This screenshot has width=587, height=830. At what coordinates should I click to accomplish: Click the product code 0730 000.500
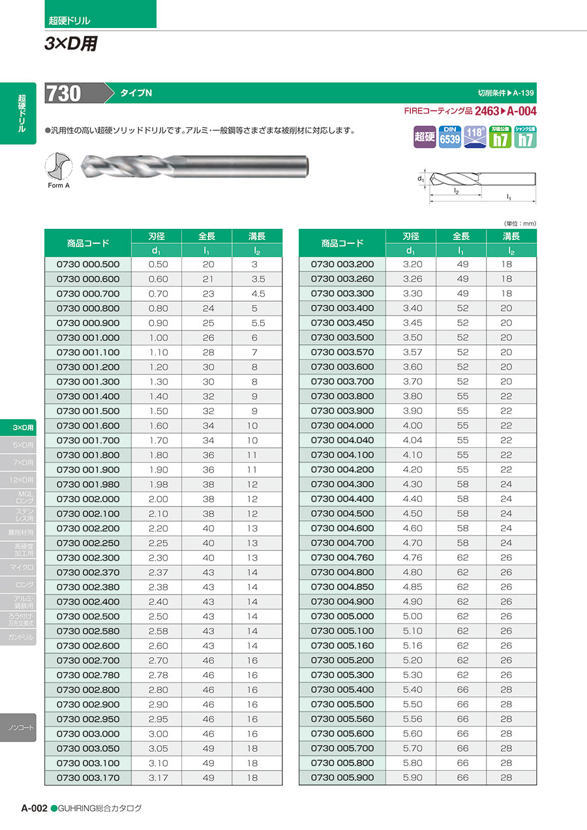pyautogui.click(x=88, y=264)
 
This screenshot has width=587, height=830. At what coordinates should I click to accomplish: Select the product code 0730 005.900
pyautogui.click(x=342, y=777)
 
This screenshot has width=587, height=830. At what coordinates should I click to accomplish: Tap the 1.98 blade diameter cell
pyautogui.click(x=158, y=484)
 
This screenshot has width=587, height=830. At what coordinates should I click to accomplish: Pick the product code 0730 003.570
pyautogui.click(x=342, y=352)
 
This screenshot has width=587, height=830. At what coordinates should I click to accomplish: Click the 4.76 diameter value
pyautogui.click(x=412, y=557)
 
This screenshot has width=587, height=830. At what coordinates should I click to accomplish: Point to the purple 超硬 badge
pyautogui.click(x=424, y=137)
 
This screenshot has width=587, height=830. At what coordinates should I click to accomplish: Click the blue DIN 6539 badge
pyautogui.click(x=449, y=136)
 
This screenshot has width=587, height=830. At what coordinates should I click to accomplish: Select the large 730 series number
pyautogui.click(x=63, y=93)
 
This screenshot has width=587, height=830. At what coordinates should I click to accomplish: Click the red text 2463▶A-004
pyautogui.click(x=505, y=111)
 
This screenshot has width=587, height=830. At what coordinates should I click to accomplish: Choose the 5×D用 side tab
pyautogui.click(x=22, y=445)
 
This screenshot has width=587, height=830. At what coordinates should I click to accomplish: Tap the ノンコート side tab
pyautogui.click(x=22, y=727)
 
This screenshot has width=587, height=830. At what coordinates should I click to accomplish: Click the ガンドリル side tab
pyautogui.click(x=22, y=637)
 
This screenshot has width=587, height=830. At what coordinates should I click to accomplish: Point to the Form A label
pyautogui.click(x=59, y=186)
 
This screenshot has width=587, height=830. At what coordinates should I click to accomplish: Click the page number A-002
pyautogui.click(x=34, y=808)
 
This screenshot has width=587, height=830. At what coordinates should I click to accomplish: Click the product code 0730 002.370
pyautogui.click(x=88, y=572)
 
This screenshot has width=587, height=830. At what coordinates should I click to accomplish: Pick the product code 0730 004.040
pyautogui.click(x=342, y=440)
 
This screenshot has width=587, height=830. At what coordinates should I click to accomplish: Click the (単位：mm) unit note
pyautogui.click(x=520, y=223)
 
